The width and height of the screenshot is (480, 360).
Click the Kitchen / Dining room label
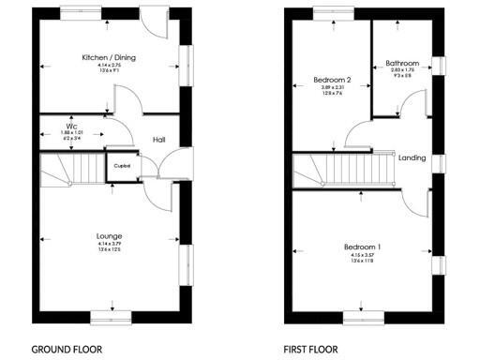(109, 57)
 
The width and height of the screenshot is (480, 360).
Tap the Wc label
(71, 125)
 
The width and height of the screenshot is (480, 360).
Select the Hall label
(160, 140)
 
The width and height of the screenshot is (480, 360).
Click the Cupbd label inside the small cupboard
(122, 166)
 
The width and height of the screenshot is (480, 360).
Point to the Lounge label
(109, 235)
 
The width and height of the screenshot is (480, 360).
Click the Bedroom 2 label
(332, 81)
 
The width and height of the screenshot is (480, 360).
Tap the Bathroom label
(402, 64)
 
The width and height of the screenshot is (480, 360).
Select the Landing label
(412, 157)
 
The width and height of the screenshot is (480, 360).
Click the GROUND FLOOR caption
(67, 349)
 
